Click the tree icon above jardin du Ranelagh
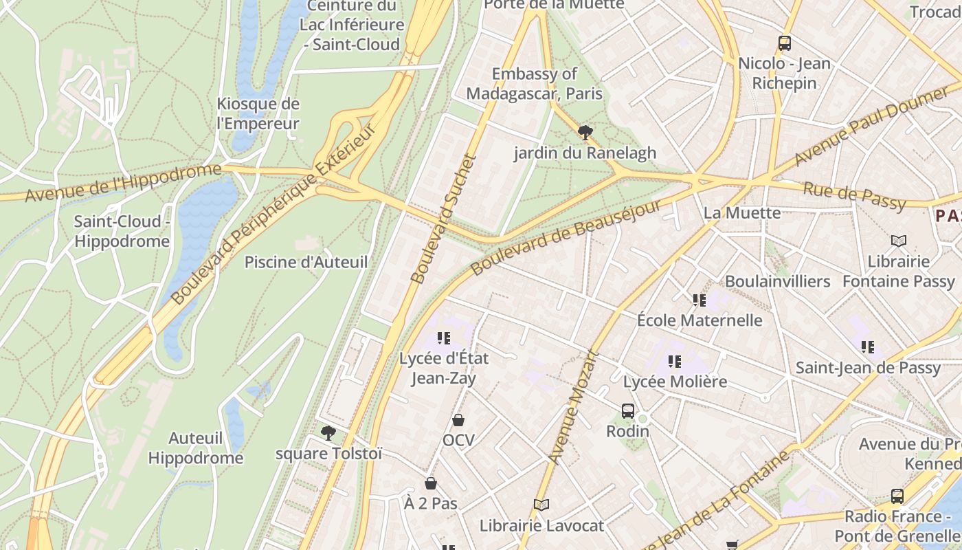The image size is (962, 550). pyautogui.click(x=585, y=132)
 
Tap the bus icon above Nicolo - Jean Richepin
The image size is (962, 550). pyautogui.click(x=784, y=43)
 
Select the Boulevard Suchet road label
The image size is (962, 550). pyautogui.click(x=444, y=219)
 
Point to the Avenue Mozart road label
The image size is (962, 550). pyautogui.click(x=574, y=407)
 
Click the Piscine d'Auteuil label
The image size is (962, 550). pyautogui.click(x=306, y=262)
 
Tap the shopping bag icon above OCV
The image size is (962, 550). pyautogui.click(x=458, y=419)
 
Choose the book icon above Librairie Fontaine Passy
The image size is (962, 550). pyautogui.click(x=898, y=241)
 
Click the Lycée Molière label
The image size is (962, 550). pyautogui.click(x=675, y=381)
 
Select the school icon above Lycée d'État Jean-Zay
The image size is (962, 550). pyautogui.click(x=443, y=338)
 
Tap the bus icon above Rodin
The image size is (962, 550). pyautogui.click(x=627, y=411)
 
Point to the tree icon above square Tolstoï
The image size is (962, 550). pyautogui.click(x=328, y=432)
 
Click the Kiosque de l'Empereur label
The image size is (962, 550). pyautogui.click(x=258, y=113)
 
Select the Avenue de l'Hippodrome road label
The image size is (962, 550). pyautogui.click(x=124, y=183)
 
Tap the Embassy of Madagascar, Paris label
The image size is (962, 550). pyautogui.click(x=534, y=83)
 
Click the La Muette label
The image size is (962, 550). pyautogui.click(x=741, y=213)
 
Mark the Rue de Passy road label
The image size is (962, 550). pyautogui.click(x=854, y=195)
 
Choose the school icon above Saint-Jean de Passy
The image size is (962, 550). pyautogui.click(x=868, y=347)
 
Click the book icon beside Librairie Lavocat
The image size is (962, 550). pyautogui.click(x=541, y=505)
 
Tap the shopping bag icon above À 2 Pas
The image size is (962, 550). pyautogui.click(x=431, y=483)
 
